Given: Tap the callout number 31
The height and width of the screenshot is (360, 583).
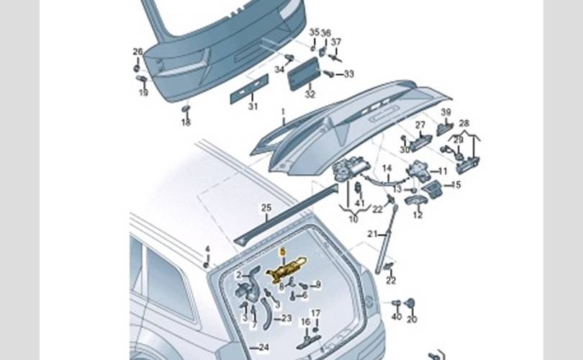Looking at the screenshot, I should point(253,107).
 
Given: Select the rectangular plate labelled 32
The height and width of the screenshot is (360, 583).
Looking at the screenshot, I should point(304,75).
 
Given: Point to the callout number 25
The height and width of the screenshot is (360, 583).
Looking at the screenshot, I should point(266,208).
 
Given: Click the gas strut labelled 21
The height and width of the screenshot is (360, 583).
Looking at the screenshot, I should point(384,238).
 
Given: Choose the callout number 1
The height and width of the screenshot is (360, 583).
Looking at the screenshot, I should point(284,112).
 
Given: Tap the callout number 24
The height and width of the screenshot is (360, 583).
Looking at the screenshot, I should point(264,348).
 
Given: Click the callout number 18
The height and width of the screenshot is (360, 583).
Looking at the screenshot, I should point(186,123).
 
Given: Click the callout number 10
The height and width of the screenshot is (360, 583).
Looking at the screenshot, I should point(353,219).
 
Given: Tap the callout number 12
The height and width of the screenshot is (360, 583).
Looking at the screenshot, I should point(417,215).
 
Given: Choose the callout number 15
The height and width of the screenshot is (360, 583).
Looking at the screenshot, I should point(455,185).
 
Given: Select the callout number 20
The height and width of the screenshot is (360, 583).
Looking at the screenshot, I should point(412,318).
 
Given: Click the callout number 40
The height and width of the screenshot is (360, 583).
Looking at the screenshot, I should point(396,318).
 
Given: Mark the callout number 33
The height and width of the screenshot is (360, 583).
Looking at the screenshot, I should point(349,74).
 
